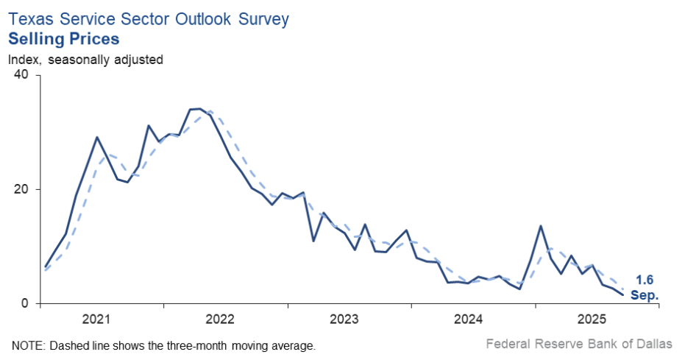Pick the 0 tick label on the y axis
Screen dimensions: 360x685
[24, 303]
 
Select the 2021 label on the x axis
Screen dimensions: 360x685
[96, 320]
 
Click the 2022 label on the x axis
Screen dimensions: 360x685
[220, 320]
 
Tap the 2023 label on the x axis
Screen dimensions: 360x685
[344, 320]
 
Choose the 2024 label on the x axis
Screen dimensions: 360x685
[468, 320]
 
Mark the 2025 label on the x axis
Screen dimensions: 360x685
[592, 320]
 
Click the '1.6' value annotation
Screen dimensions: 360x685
[645, 280]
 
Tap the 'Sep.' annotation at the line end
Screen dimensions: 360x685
[645, 295]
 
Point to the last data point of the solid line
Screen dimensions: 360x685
[623, 294]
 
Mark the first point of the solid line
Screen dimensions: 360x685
[45, 267]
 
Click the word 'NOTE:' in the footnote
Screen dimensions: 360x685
[27, 345]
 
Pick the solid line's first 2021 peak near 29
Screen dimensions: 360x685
[96, 137]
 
